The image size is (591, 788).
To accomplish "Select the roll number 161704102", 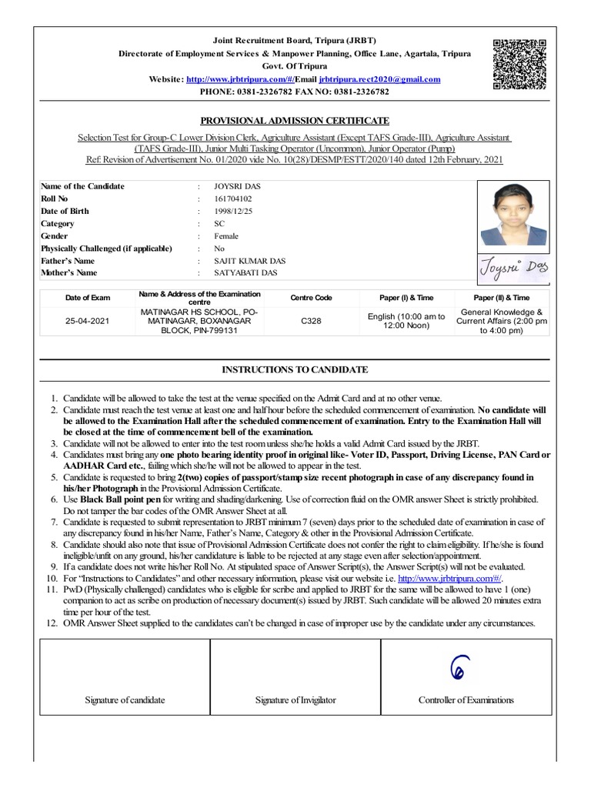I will tap(233, 199).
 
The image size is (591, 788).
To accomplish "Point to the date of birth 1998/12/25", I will tap(233, 211).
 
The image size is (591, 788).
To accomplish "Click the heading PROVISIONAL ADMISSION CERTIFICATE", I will tap(295, 121).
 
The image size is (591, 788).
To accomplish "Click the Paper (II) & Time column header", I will tap(501, 297).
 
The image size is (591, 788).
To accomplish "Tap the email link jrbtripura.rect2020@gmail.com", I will tap(379, 79).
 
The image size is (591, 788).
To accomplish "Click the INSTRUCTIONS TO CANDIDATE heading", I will tap(295, 370).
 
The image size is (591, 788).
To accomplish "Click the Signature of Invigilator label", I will tap(295, 700).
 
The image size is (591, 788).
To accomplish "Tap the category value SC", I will tap(219, 223).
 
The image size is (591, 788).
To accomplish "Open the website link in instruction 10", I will tap(449, 578).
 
